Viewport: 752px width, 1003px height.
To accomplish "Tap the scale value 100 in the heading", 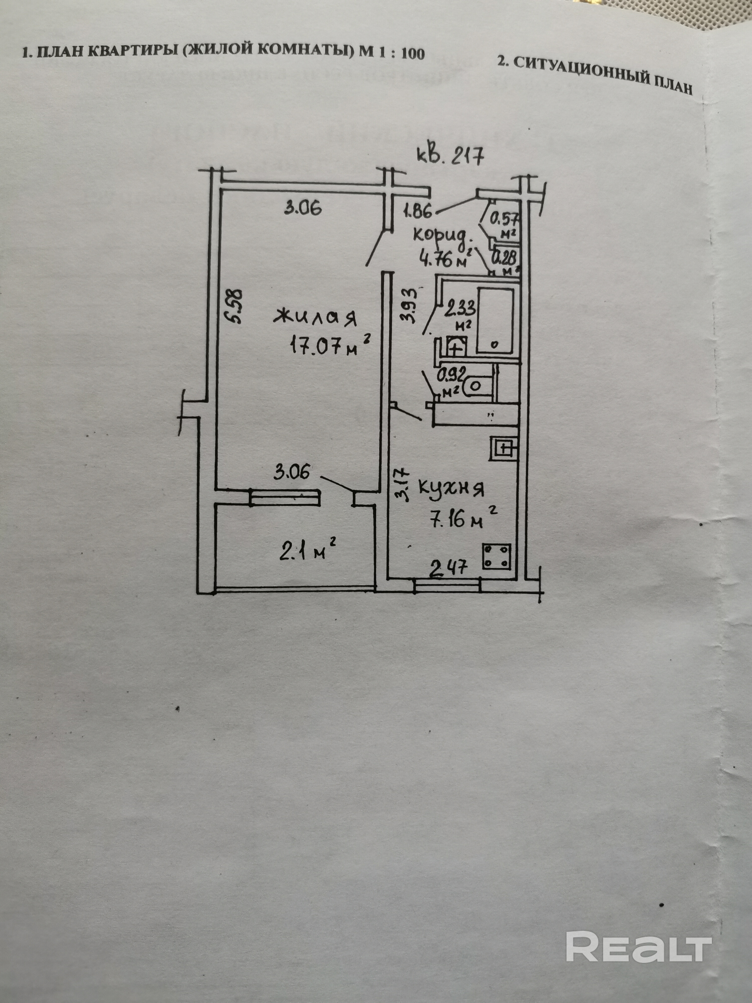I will click(413, 54).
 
